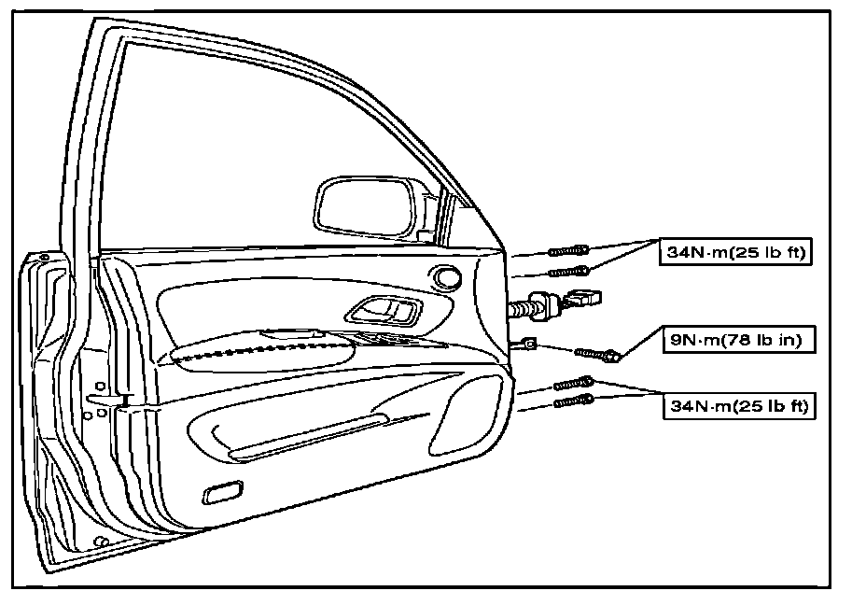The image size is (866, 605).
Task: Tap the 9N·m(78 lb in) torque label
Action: tap(734, 341)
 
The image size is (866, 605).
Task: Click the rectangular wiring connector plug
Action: tap(585, 299)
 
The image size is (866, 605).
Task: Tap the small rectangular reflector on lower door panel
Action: tap(222, 493)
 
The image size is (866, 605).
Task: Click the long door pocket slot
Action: tap(308, 440)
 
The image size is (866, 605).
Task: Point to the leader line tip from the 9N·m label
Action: tap(617, 357)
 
